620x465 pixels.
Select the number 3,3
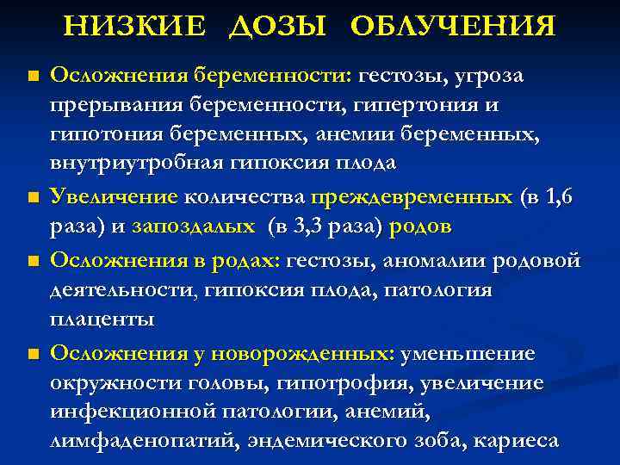pos(311,226)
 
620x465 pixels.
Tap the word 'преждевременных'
pos(411,196)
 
